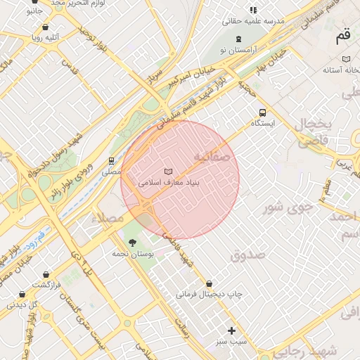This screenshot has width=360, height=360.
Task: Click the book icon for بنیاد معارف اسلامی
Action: coord(167,171)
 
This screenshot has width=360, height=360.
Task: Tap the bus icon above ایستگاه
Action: coord(262,112)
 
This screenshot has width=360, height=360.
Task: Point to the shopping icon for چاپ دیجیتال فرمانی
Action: coord(208,284)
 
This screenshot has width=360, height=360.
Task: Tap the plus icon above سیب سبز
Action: coord(231,330)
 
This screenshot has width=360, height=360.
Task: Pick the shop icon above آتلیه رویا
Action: coord(46,27)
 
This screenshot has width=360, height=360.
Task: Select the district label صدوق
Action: coord(247,255)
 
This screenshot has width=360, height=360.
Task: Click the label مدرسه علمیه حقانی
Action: coord(253,21)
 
